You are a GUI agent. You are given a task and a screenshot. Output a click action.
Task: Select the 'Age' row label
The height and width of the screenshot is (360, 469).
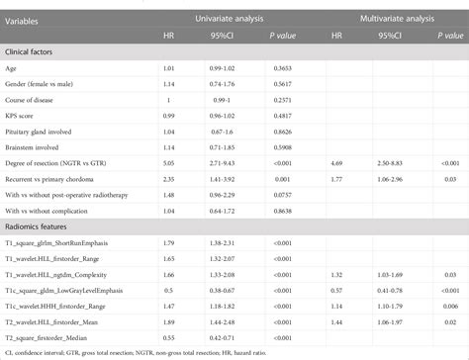pyautogui.click(x=16, y=71)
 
